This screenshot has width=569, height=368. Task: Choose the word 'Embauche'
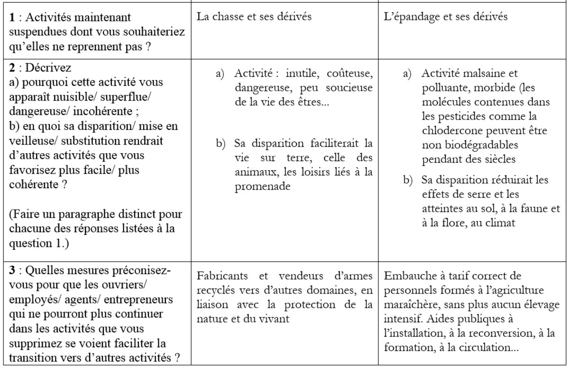pos(407,276)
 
